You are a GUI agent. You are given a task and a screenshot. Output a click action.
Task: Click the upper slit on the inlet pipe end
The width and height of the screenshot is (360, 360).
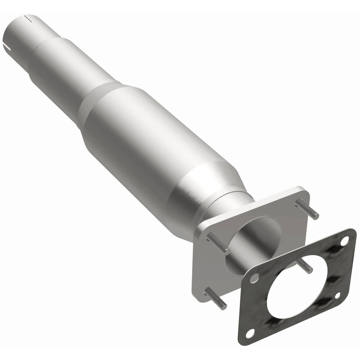[x=28, y=17]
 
